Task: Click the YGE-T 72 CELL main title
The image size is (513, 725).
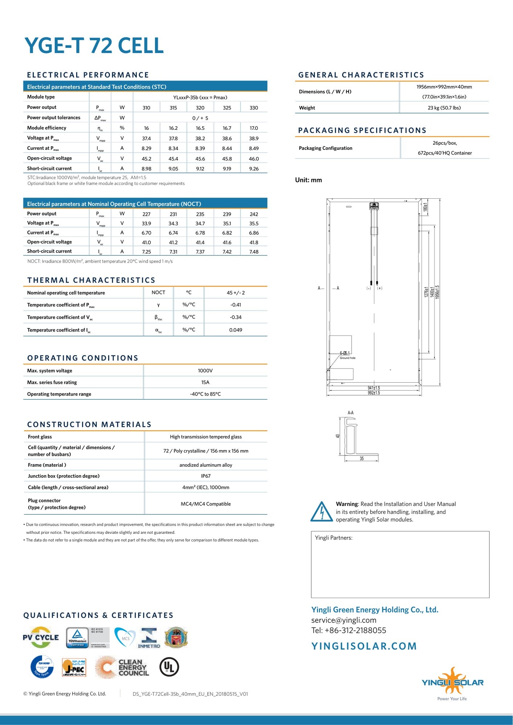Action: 94,46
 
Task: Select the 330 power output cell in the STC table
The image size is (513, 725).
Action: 254,108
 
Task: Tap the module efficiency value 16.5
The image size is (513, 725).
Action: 200,128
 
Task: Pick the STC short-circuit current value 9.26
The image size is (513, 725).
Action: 254,169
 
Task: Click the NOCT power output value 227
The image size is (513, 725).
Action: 146,214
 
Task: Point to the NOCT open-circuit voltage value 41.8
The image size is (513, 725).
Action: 254,242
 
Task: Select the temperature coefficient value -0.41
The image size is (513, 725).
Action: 235,305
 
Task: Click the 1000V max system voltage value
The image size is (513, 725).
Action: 205,371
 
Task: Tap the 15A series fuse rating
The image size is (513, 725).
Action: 205,382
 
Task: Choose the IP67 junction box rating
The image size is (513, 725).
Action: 205,476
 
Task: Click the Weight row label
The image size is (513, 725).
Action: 307,108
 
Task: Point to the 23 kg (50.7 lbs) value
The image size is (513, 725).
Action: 444,108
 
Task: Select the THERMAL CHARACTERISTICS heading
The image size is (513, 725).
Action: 91,280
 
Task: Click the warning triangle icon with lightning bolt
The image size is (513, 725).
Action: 321,512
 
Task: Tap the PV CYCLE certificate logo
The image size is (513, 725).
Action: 41,637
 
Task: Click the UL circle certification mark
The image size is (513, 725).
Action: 169,667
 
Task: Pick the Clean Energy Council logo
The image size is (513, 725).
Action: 122,667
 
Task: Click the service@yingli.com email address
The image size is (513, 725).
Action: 344,620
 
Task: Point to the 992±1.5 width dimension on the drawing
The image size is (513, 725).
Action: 374,393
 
